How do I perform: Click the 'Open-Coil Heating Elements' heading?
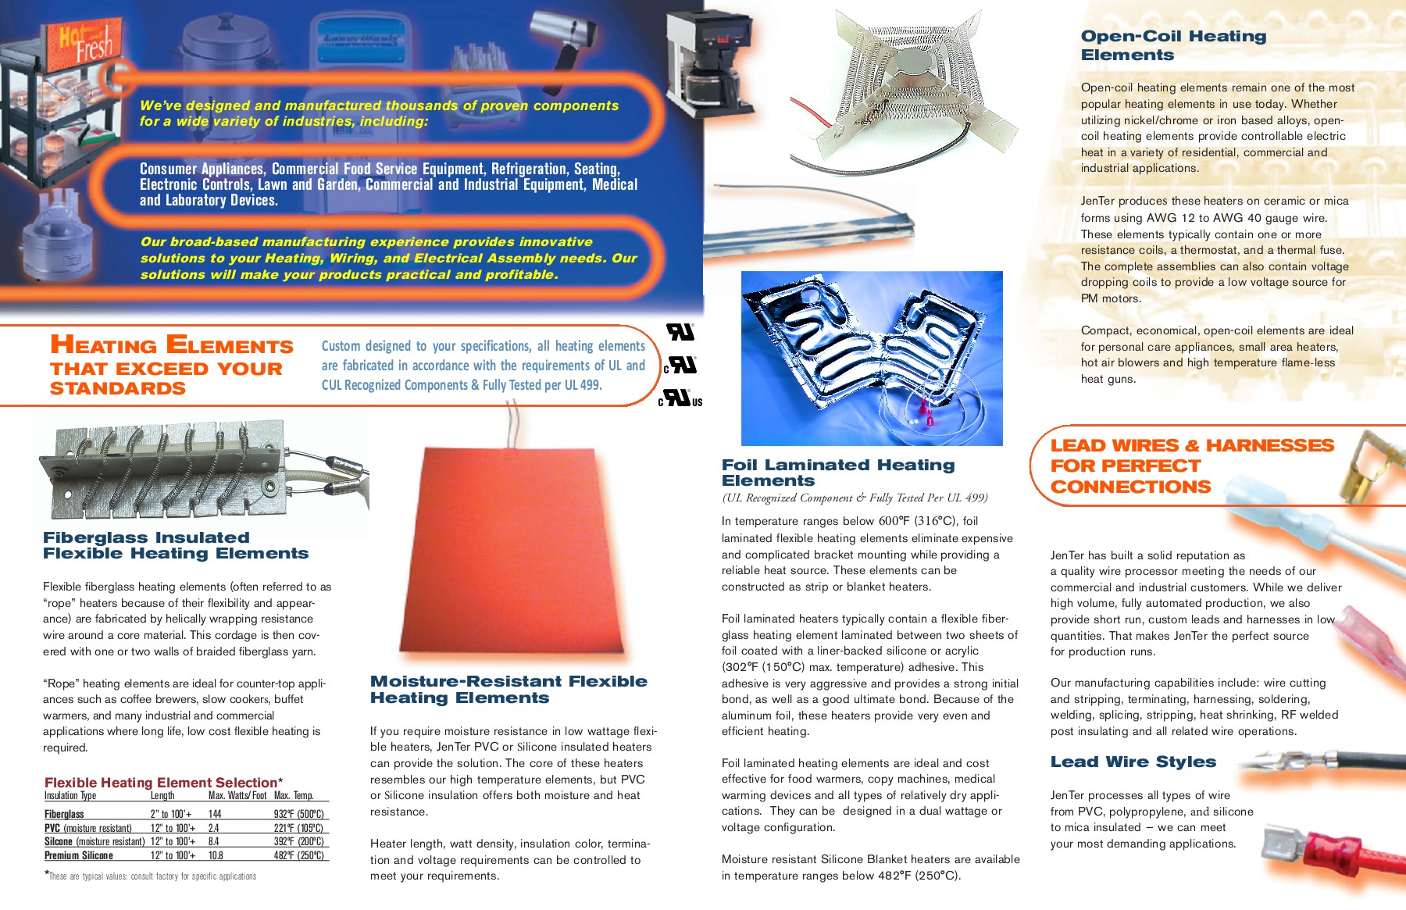pyautogui.click(x=1173, y=45)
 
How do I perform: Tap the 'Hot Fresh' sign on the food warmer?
pyautogui.click(x=86, y=43)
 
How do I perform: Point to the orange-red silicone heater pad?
pyautogui.click(x=512, y=551)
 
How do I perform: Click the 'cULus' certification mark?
pyautogui.click(x=681, y=398)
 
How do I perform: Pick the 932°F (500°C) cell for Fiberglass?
pyautogui.click(x=298, y=814)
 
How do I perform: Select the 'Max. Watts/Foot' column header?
pyautogui.click(x=237, y=796)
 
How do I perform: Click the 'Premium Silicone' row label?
pyautogui.click(x=79, y=855)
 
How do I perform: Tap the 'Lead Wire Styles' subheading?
pyautogui.click(x=1133, y=762)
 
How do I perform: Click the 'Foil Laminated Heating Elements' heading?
pyautogui.click(x=838, y=473)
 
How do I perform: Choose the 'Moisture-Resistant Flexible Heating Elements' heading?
pyautogui.click(x=509, y=690)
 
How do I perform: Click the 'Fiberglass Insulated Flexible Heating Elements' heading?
pyautogui.click(x=176, y=545)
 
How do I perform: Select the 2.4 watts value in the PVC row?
pyautogui.click(x=213, y=828)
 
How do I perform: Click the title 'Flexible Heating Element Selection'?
pyautogui.click(x=161, y=783)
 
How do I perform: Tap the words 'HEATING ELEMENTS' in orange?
pyautogui.click(x=172, y=344)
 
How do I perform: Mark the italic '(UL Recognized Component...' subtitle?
pyautogui.click(x=855, y=498)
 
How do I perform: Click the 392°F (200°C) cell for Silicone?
pyautogui.click(x=298, y=841)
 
